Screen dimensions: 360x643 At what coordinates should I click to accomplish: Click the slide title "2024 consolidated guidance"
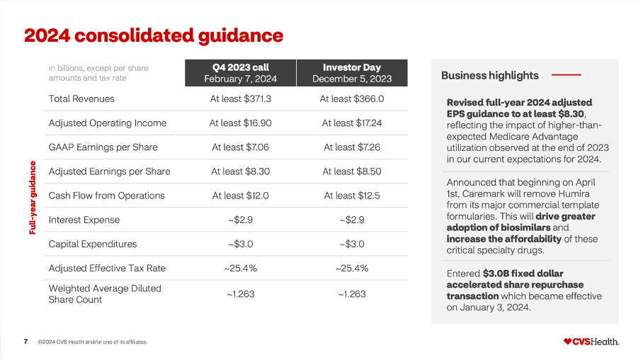(154, 35)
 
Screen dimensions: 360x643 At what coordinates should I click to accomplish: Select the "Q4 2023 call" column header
(240, 73)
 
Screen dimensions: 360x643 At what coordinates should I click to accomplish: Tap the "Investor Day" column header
(352, 73)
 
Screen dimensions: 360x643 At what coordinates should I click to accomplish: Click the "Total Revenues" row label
(81, 99)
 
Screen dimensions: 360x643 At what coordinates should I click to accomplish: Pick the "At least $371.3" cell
(240, 99)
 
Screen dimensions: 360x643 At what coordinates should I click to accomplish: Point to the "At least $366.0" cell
(352, 99)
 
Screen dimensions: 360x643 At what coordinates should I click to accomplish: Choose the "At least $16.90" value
(240, 123)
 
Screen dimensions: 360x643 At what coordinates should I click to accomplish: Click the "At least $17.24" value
(352, 123)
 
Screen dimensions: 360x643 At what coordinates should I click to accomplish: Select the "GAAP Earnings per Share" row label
(103, 147)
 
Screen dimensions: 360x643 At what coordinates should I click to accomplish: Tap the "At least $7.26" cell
(352, 147)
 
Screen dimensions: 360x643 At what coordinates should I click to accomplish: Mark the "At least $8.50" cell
(352, 171)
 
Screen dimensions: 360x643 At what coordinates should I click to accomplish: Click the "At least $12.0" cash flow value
(240, 195)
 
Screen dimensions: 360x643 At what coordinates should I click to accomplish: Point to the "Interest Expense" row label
(84, 220)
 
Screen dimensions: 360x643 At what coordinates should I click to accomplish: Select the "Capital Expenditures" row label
(93, 244)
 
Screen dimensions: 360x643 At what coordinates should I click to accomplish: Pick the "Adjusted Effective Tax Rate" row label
(107, 268)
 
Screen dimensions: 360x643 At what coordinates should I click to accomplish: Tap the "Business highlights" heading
(489, 75)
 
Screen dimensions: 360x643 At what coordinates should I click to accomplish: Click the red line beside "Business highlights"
(566, 74)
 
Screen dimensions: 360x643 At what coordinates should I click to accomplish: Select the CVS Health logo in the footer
(591, 342)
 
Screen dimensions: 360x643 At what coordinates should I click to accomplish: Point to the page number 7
(25, 342)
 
